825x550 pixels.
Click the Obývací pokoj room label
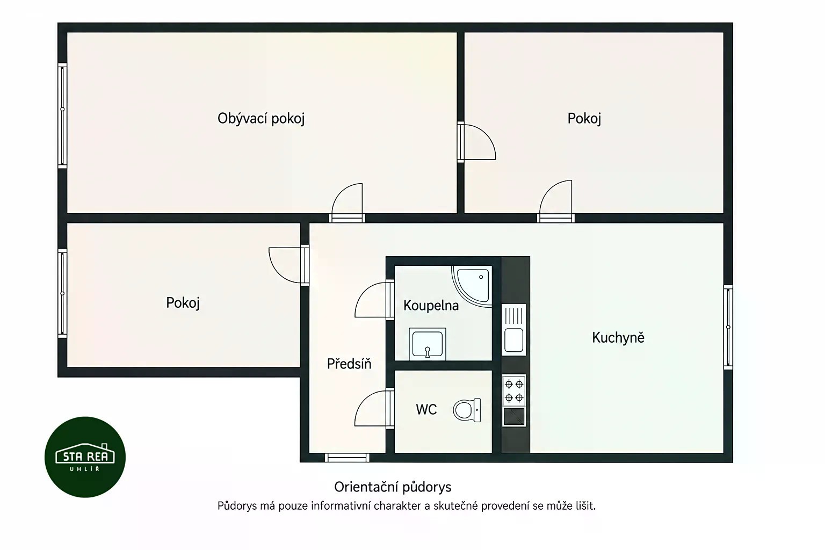tap(260, 119)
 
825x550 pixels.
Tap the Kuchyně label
tap(618, 338)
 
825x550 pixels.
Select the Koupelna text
tap(431, 306)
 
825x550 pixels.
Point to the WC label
tap(426, 409)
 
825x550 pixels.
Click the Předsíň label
tap(349, 364)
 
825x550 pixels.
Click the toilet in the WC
tap(467, 410)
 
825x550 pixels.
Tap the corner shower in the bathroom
tap(472, 286)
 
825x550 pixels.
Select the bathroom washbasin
tap(427, 344)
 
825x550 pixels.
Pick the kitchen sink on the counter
tap(514, 330)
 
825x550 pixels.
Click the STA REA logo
tap(85, 457)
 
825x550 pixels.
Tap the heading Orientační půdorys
tap(393, 487)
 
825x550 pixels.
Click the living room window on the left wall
tap(63, 115)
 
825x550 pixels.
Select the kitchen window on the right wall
tap(728, 327)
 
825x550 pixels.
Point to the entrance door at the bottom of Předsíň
tap(347, 458)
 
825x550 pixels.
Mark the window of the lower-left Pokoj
tap(63, 293)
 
